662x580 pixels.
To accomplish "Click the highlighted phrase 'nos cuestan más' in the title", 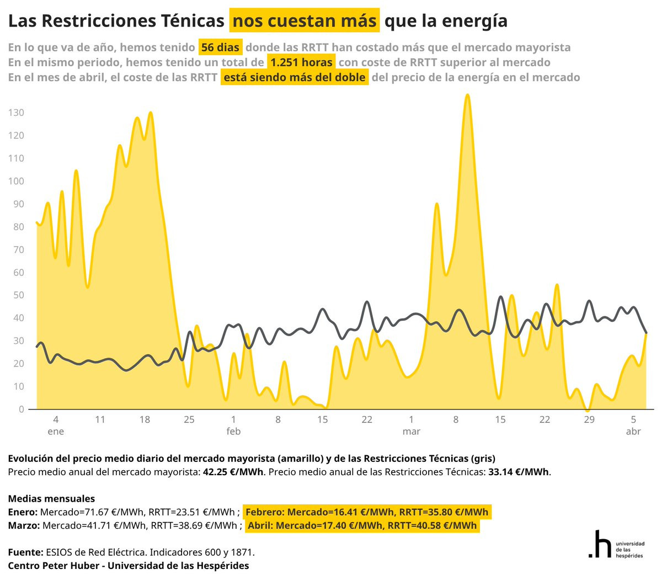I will pyautogui.click(x=305, y=21).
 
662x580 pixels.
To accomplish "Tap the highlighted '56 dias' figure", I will pyautogui.click(x=220, y=47).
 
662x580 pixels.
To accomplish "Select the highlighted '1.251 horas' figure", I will pyautogui.click(x=301, y=62).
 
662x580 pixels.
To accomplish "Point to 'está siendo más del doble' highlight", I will pyautogui.click(x=295, y=77).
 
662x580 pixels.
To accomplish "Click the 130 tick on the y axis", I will pyautogui.click(x=16, y=113).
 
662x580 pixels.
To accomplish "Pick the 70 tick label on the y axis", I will pyautogui.click(x=19, y=249).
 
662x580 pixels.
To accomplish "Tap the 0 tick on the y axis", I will pyautogui.click(x=22, y=409).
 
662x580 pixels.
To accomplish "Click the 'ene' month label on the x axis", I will pyautogui.click(x=56, y=431).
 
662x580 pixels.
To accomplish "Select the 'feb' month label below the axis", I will pyautogui.click(x=233, y=431).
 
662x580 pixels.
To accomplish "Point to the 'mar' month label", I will pyautogui.click(x=411, y=431).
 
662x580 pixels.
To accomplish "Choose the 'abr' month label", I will pyautogui.click(x=633, y=431).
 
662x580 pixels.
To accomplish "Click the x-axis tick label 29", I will pyautogui.click(x=589, y=419).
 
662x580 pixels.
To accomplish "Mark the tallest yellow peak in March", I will pyautogui.click(x=467, y=95).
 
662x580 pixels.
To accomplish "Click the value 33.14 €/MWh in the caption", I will pyautogui.click(x=519, y=472).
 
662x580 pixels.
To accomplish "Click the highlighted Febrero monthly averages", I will pyautogui.click(x=367, y=512).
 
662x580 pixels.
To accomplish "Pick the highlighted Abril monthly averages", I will pyautogui.click(x=362, y=525).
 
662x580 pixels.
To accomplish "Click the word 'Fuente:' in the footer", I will pyautogui.click(x=25, y=552).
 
